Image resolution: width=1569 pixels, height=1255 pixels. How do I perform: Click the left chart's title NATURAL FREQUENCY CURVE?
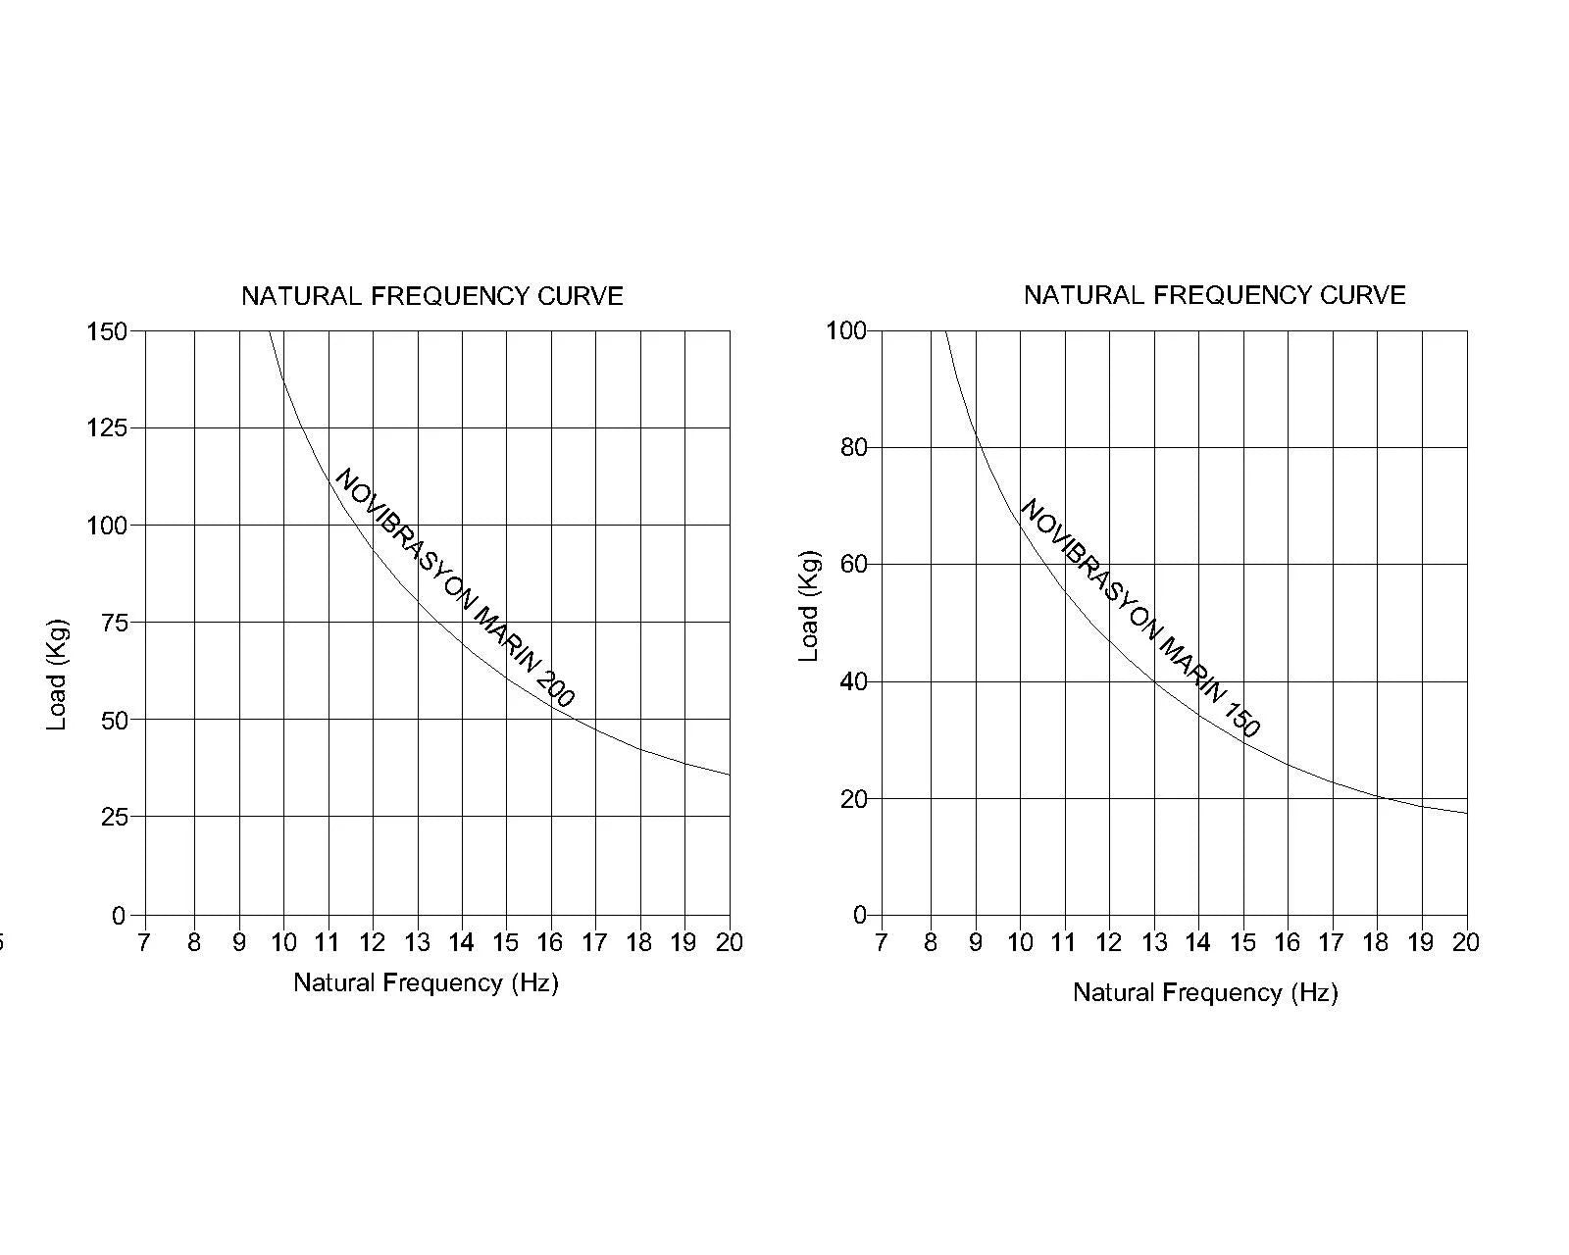click(x=432, y=296)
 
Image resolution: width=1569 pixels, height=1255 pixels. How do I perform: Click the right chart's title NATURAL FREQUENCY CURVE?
click(x=1214, y=295)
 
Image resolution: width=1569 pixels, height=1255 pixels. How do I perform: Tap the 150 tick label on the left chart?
click(x=107, y=331)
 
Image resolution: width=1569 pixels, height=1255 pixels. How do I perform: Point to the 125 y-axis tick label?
click(x=107, y=427)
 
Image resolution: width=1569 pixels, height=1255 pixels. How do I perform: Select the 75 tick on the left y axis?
click(x=114, y=623)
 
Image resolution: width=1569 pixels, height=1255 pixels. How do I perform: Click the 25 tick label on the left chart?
click(x=114, y=817)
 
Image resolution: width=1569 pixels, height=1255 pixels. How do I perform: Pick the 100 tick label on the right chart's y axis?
click(x=846, y=330)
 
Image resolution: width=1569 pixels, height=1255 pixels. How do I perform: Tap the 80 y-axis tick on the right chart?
click(x=853, y=448)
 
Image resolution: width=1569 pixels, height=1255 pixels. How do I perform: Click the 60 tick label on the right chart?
click(x=853, y=565)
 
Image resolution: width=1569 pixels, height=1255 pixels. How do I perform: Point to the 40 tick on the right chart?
click(x=853, y=681)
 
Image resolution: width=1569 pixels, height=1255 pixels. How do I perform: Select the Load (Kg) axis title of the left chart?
click(x=57, y=674)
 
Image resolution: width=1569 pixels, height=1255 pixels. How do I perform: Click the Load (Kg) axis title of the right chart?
click(x=808, y=606)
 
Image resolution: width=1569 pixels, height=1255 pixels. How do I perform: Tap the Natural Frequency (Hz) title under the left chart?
click(x=426, y=982)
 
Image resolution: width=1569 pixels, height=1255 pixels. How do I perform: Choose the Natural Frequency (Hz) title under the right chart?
click(x=1205, y=992)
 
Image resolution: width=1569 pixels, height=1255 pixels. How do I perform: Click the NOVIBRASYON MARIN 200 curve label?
click(x=455, y=588)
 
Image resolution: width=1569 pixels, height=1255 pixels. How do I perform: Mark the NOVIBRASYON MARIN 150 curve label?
click(x=1140, y=618)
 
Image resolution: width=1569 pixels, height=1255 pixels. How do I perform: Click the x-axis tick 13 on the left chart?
click(x=417, y=942)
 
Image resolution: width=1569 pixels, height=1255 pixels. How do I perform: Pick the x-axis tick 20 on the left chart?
click(x=729, y=942)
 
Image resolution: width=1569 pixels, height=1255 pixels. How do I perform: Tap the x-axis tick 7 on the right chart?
click(x=881, y=942)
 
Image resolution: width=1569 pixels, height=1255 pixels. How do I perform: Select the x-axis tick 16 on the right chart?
click(x=1286, y=942)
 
